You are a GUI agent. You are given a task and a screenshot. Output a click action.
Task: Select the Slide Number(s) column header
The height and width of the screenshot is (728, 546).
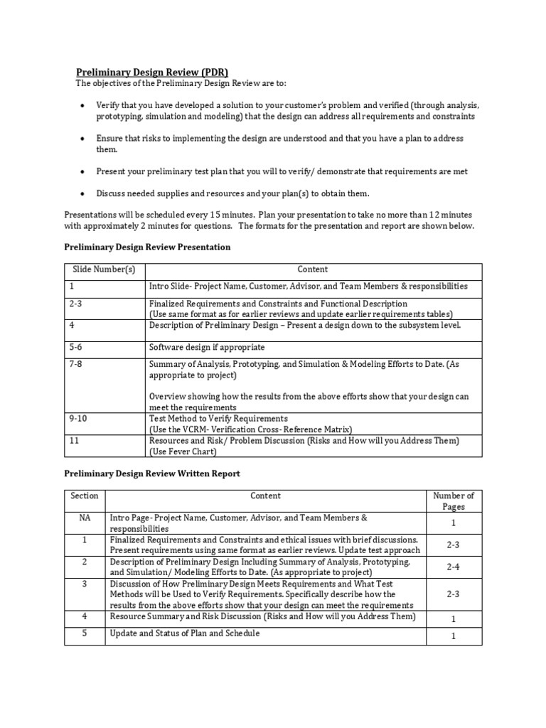[105, 269]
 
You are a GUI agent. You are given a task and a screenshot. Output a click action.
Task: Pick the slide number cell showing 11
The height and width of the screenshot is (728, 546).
[74, 441]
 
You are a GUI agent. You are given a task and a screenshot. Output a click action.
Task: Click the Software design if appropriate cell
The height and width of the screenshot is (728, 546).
[206, 348]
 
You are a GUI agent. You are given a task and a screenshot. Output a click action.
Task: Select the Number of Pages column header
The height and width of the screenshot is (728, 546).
[454, 501]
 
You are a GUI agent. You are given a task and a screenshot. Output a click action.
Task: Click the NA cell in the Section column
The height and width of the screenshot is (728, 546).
[85, 518]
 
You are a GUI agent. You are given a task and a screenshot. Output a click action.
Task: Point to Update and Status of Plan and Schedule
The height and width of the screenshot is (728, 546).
[185, 633]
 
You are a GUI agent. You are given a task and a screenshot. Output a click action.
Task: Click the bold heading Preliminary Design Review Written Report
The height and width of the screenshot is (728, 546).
[152, 473]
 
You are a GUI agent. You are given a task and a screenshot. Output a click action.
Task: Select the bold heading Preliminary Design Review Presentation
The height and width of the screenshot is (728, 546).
[147, 247]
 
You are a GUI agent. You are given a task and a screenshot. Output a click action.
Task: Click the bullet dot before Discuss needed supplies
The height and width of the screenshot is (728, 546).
[82, 194]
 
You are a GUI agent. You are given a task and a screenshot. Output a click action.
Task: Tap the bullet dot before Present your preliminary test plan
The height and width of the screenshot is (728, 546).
[82, 172]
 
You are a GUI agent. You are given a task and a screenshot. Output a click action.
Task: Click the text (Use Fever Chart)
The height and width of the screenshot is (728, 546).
[182, 451]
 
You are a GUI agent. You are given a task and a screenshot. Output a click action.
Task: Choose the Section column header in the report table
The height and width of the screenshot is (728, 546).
[85, 496]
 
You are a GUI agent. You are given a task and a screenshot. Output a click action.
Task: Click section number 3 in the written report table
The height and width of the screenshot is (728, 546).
[85, 583]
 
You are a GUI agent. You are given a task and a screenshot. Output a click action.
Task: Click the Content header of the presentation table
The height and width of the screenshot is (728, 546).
[313, 269]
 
